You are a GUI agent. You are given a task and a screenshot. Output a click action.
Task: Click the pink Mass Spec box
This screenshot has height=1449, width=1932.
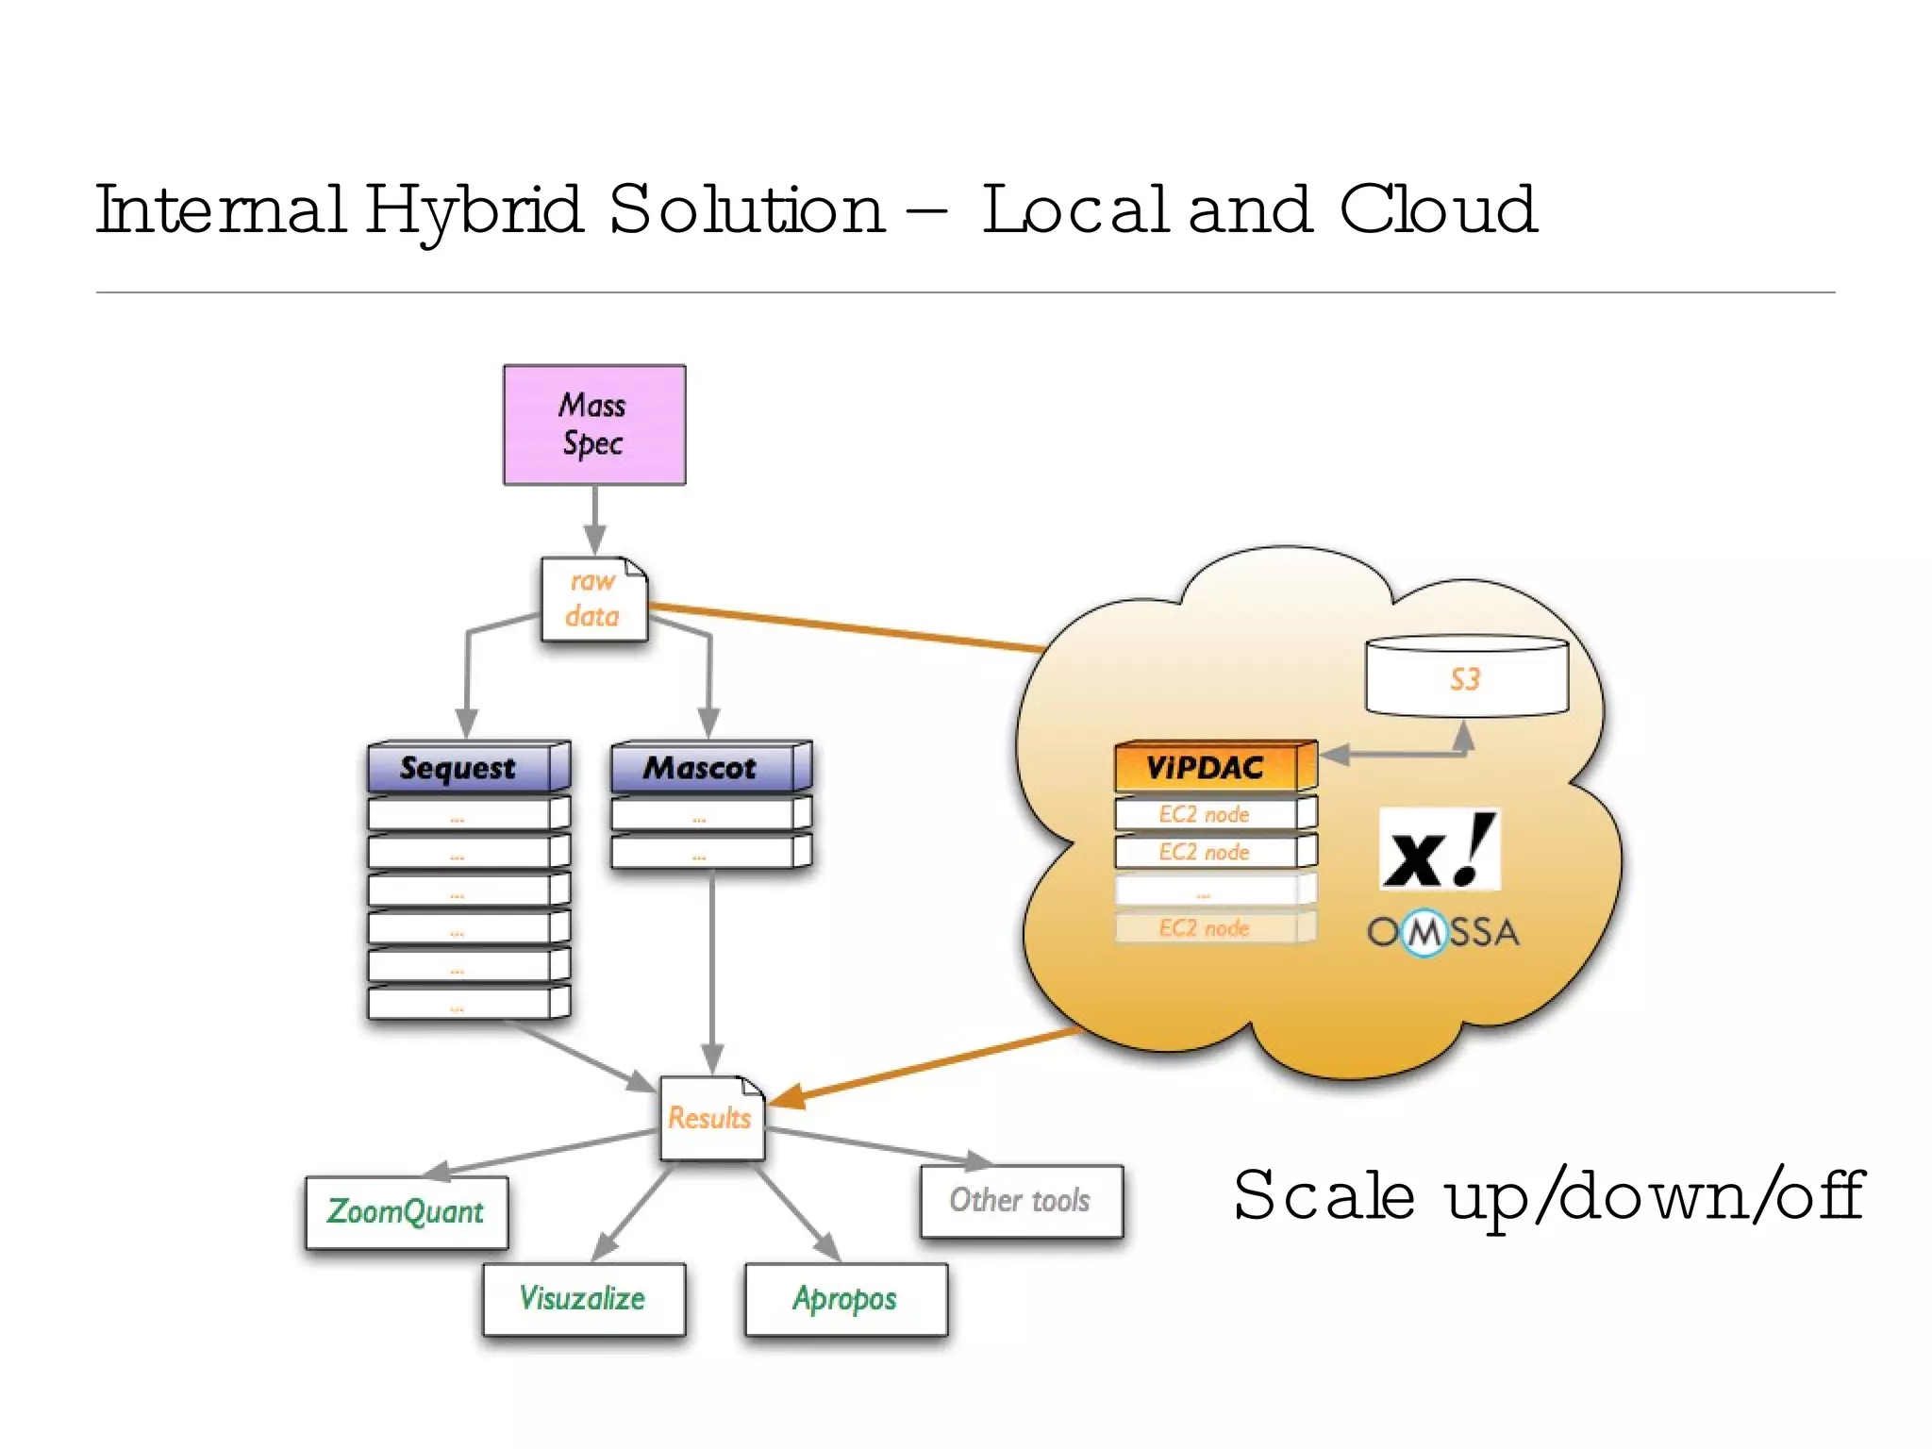pos(594,425)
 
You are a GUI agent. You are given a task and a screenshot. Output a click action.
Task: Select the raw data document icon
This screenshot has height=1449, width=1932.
pos(593,599)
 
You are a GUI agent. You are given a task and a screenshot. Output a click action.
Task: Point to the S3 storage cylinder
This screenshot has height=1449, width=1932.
pos(1466,676)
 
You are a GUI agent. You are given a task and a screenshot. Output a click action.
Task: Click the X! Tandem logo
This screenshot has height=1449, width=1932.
pos(1438,850)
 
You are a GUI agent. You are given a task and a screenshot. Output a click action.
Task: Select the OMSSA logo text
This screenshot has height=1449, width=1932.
pos(1442,932)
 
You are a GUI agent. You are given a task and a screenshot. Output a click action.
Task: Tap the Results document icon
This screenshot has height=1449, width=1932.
pos(710,1118)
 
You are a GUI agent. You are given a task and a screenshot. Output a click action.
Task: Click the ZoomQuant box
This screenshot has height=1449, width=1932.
pos(407,1212)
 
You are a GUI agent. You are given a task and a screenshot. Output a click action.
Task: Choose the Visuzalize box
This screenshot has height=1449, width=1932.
pos(583,1299)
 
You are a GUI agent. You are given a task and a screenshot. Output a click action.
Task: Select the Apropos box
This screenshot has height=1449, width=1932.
pos(845,1299)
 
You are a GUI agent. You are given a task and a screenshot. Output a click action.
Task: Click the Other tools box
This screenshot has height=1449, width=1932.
pos(1021,1201)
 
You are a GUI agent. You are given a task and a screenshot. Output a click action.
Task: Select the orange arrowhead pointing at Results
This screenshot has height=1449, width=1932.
pos(789,1097)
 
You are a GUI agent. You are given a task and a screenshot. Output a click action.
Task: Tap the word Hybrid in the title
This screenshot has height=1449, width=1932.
pos(474,209)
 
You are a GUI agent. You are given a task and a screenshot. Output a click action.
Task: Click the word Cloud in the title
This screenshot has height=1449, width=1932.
pos(1439,209)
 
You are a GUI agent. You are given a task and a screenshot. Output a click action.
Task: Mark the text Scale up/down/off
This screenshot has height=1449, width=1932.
pos(1547,1196)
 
